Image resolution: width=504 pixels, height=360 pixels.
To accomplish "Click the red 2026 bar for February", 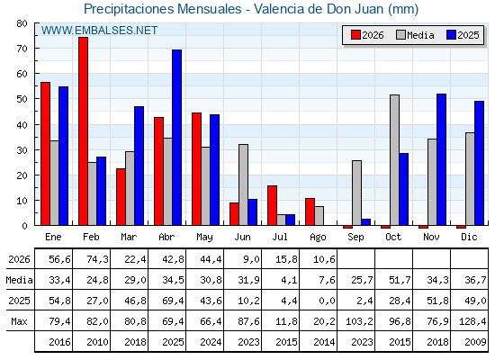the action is (83, 131).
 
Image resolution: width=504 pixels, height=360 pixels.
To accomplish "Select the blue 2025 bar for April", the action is (176, 138).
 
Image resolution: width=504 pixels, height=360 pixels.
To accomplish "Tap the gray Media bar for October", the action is (394, 160).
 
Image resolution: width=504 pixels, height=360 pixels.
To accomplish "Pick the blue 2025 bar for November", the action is (441, 160).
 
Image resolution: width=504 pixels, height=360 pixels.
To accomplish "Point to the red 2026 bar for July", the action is (272, 205).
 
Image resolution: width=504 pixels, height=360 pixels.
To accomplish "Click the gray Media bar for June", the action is (243, 184).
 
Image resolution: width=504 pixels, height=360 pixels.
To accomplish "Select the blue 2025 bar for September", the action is (365, 222).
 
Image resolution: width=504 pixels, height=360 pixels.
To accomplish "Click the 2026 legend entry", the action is (367, 35).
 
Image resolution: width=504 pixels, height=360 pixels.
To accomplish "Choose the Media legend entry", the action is (415, 35).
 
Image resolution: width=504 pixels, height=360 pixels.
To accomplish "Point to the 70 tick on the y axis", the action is (22, 49).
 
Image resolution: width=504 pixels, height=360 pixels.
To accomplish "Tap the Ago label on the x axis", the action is (318, 238).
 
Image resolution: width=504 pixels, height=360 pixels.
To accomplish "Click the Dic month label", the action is (469, 237).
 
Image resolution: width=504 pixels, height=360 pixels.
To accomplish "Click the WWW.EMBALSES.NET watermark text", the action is (99, 31).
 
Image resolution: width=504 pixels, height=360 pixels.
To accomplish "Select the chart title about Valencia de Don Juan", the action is (251, 9).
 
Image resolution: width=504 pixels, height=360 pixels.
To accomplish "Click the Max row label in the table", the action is (19, 321).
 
